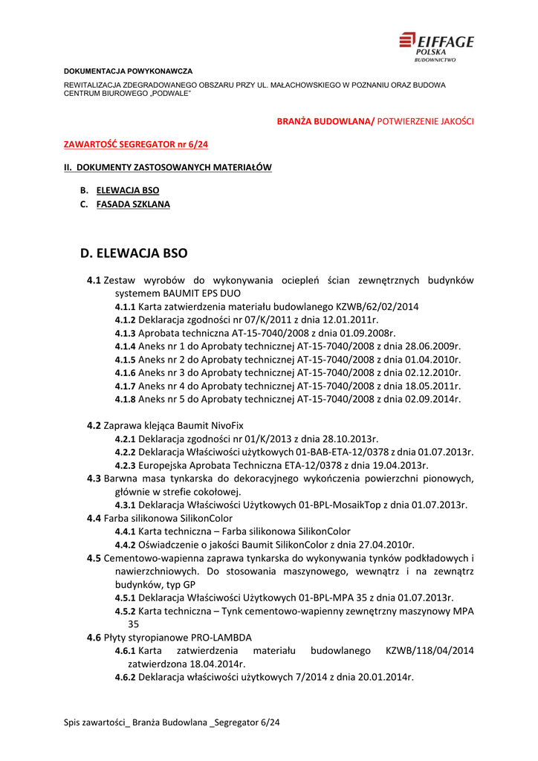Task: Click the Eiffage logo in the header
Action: [x=436, y=46]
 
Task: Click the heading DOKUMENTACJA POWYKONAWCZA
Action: [x=128, y=71]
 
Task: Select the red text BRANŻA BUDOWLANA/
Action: [x=325, y=120]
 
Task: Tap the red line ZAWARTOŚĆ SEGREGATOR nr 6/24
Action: [x=136, y=144]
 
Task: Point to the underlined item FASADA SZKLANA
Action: [x=133, y=204]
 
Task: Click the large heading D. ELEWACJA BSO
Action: [x=134, y=253]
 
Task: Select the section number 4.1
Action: [x=94, y=280]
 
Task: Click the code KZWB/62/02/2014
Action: [x=377, y=307]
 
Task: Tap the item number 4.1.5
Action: [x=126, y=359]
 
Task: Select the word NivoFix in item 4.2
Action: [x=225, y=426]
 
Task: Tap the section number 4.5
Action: [x=94, y=558]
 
